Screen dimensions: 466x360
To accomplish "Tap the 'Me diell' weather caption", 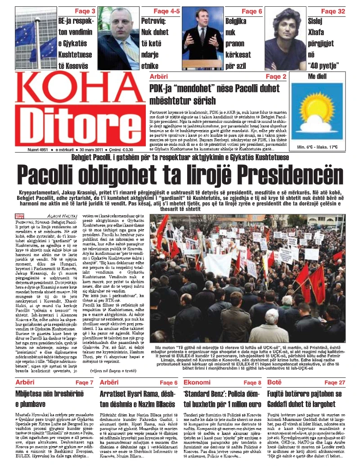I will (317, 77).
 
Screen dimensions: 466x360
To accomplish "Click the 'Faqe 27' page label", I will (335, 382).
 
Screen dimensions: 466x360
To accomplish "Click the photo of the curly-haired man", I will (286, 38).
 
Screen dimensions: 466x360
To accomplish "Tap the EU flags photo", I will (36, 38).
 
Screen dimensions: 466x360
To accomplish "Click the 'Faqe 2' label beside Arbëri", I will (275, 77).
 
